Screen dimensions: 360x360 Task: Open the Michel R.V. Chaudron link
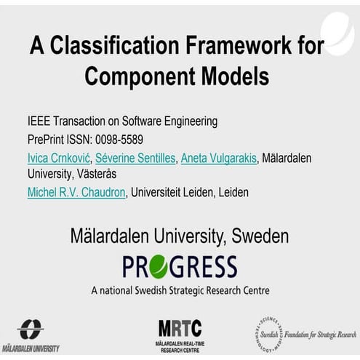pyautogui.click(x=76, y=193)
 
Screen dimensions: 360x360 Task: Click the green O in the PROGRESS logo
pyautogui.click(x=159, y=266)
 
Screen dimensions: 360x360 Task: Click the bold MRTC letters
pyautogui.click(x=180, y=328)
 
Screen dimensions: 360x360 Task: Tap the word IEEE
pyautogui.click(x=39, y=121)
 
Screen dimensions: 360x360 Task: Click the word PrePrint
pyautogui.click(x=47, y=139)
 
